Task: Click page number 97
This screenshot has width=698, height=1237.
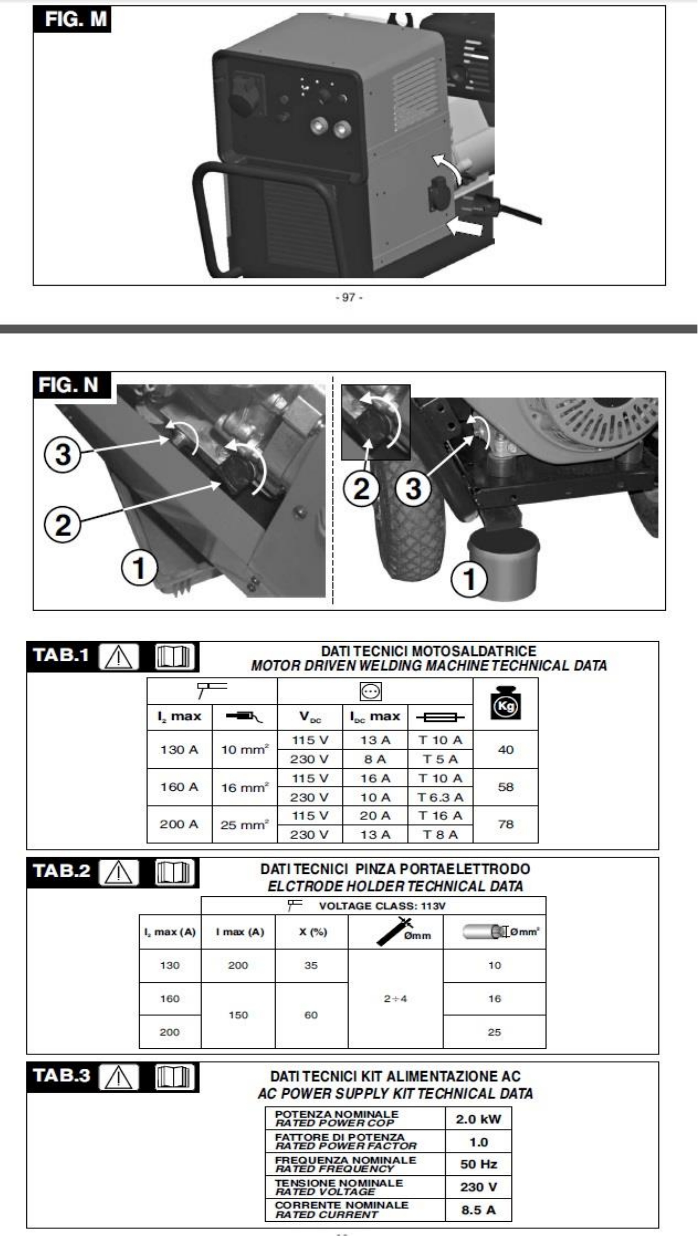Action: [x=349, y=297]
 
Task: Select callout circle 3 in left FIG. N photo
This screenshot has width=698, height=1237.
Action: [x=62, y=454]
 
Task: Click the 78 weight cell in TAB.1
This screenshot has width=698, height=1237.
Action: [x=505, y=824]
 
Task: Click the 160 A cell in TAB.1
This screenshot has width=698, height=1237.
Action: [x=179, y=787]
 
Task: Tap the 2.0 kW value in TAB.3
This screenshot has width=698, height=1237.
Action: [x=478, y=1119]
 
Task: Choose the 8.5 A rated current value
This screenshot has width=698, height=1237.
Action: [x=478, y=1210]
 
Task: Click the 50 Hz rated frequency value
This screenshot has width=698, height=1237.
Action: [x=478, y=1164]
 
